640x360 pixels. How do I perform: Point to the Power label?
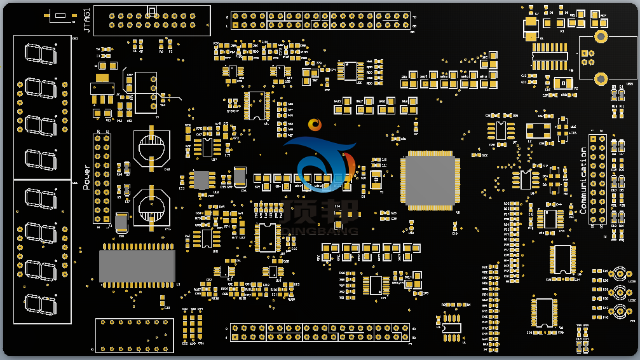coord(87,177)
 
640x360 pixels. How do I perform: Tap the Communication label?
coord(583,180)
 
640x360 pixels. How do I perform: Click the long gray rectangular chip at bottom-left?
coord(137,266)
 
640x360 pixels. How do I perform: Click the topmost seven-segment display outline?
coord(39,53)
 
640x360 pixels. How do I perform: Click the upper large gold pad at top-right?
coord(601,36)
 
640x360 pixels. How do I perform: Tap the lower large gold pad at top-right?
coord(601,78)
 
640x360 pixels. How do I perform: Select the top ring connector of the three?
coord(618,275)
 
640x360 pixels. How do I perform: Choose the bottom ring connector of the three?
coord(618,312)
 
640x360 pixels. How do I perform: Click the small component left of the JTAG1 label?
coord(59,16)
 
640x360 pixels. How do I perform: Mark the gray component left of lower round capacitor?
coord(121,221)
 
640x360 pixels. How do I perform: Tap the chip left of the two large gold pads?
coord(549,52)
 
